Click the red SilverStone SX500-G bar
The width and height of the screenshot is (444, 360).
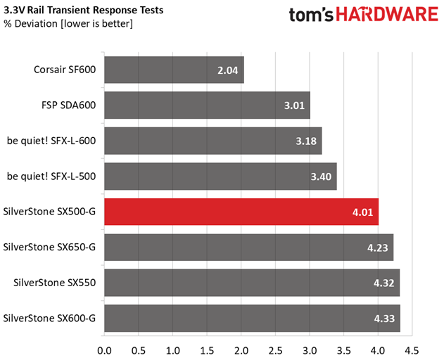[x=241, y=212]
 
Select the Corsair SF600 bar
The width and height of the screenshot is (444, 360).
[x=174, y=70]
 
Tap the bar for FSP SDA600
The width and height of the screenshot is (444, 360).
[x=208, y=105]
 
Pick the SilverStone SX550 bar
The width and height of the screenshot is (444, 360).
[x=252, y=283]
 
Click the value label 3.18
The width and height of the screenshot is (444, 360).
[x=306, y=141]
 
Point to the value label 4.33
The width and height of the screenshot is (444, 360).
[x=384, y=319]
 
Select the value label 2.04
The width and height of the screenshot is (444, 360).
[x=228, y=70]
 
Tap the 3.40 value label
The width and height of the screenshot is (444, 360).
[x=321, y=176]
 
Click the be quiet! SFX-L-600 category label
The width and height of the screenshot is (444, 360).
[x=51, y=141]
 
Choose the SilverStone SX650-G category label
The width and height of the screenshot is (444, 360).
[x=49, y=247]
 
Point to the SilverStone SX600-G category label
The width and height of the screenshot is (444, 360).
[x=49, y=318]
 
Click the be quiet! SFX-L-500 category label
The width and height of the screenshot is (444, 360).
[x=51, y=176]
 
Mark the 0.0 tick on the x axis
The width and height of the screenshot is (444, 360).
[x=104, y=351]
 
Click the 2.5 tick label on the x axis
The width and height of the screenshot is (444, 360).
[x=276, y=351]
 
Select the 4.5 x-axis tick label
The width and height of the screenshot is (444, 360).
[x=412, y=351]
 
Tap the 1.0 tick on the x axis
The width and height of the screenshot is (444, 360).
[x=172, y=351]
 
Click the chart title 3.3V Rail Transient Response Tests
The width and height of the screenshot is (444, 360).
[x=84, y=10]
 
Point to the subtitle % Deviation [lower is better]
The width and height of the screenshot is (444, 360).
[x=68, y=24]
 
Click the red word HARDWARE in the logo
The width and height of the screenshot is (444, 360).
[x=387, y=14]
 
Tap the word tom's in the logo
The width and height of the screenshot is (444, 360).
[x=311, y=15]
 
